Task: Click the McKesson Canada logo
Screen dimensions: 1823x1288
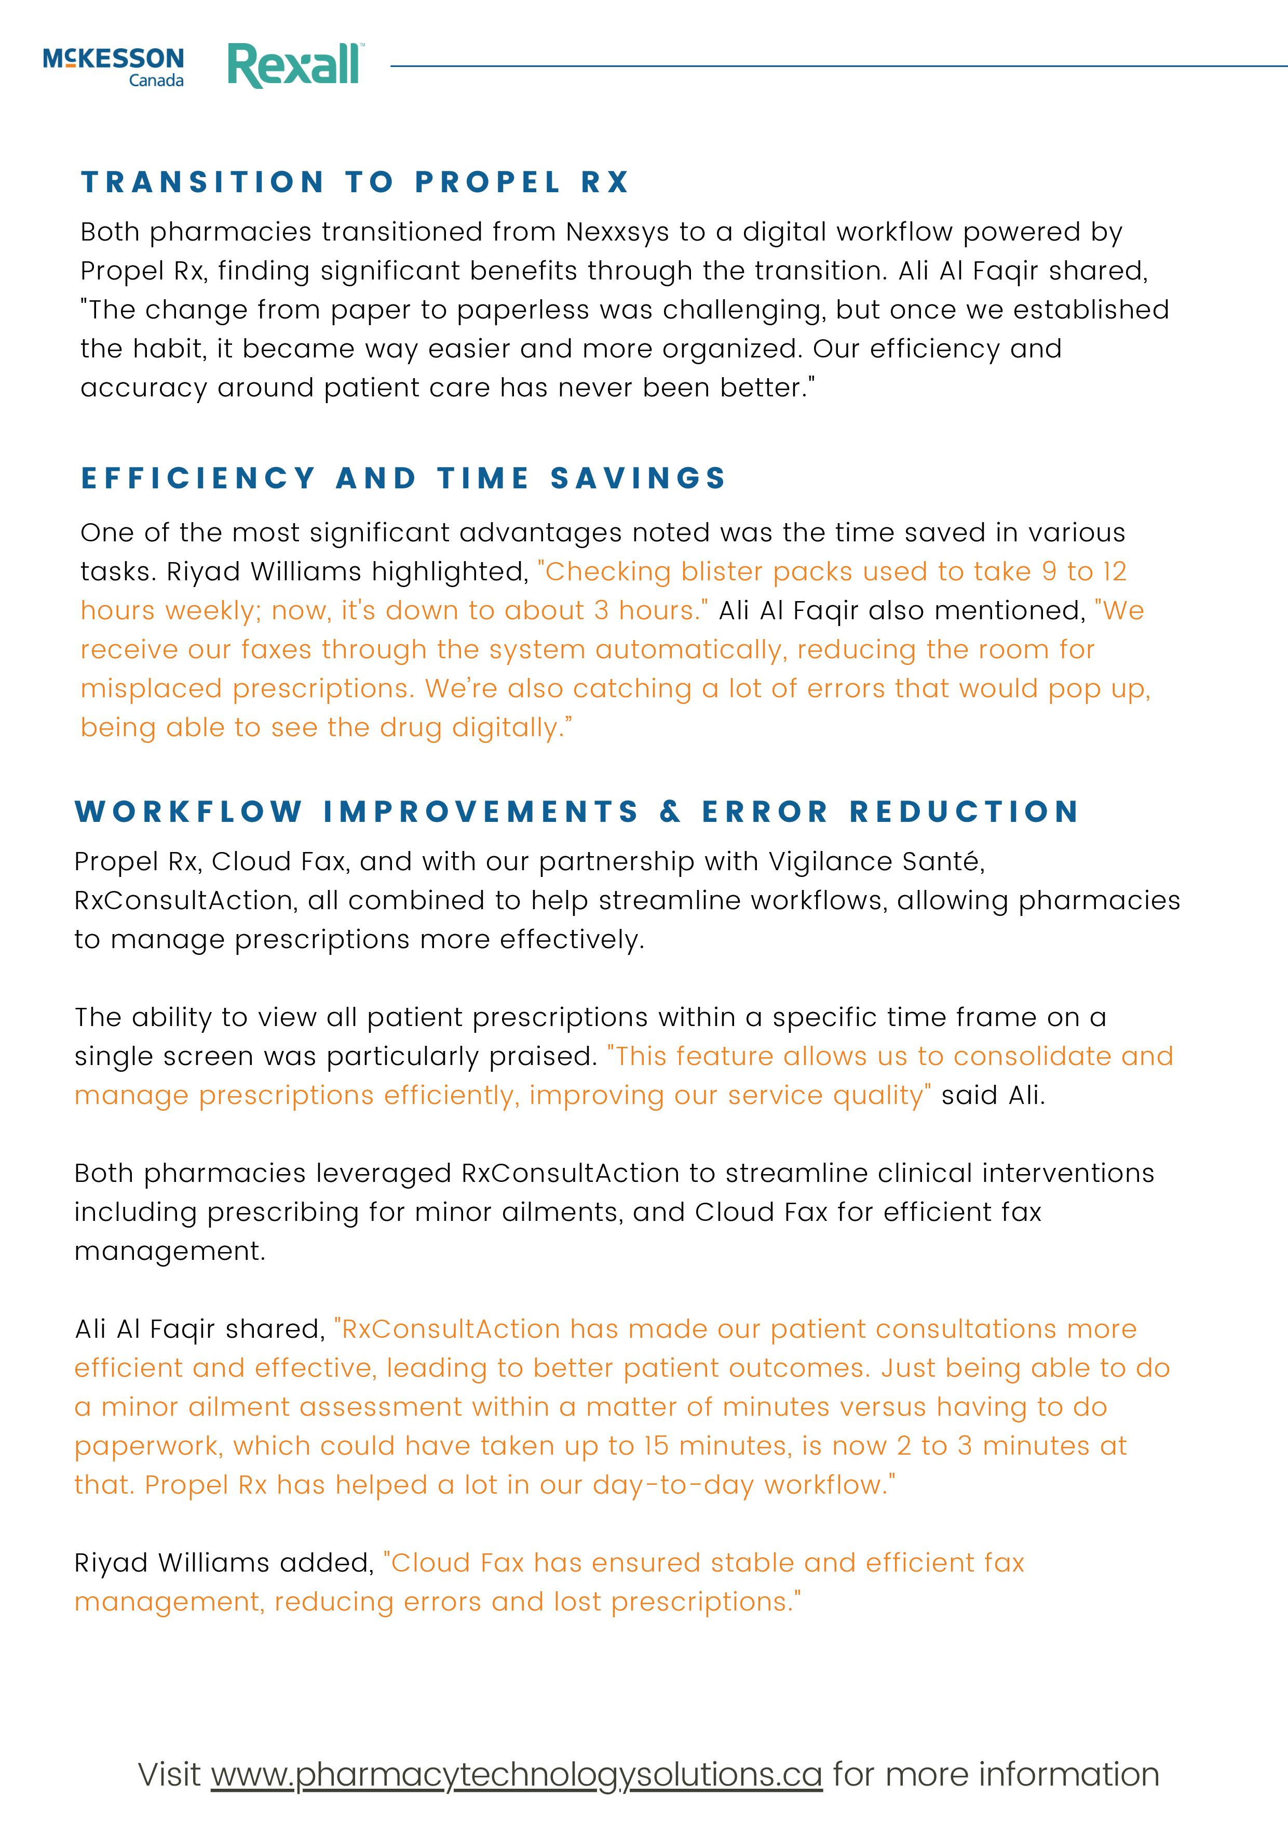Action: (x=114, y=66)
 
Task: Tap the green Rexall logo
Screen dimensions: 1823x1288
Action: (x=295, y=65)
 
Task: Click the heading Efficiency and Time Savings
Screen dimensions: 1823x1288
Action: (x=403, y=478)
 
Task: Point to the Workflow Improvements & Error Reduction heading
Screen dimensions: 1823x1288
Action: (x=577, y=811)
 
